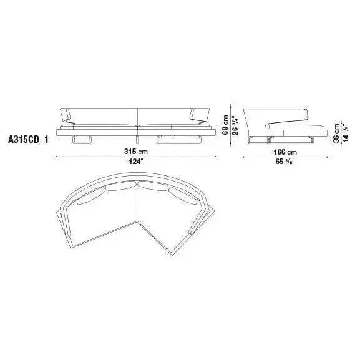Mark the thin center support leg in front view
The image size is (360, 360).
click(x=136, y=139)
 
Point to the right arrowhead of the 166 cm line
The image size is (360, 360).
click(x=329, y=156)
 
